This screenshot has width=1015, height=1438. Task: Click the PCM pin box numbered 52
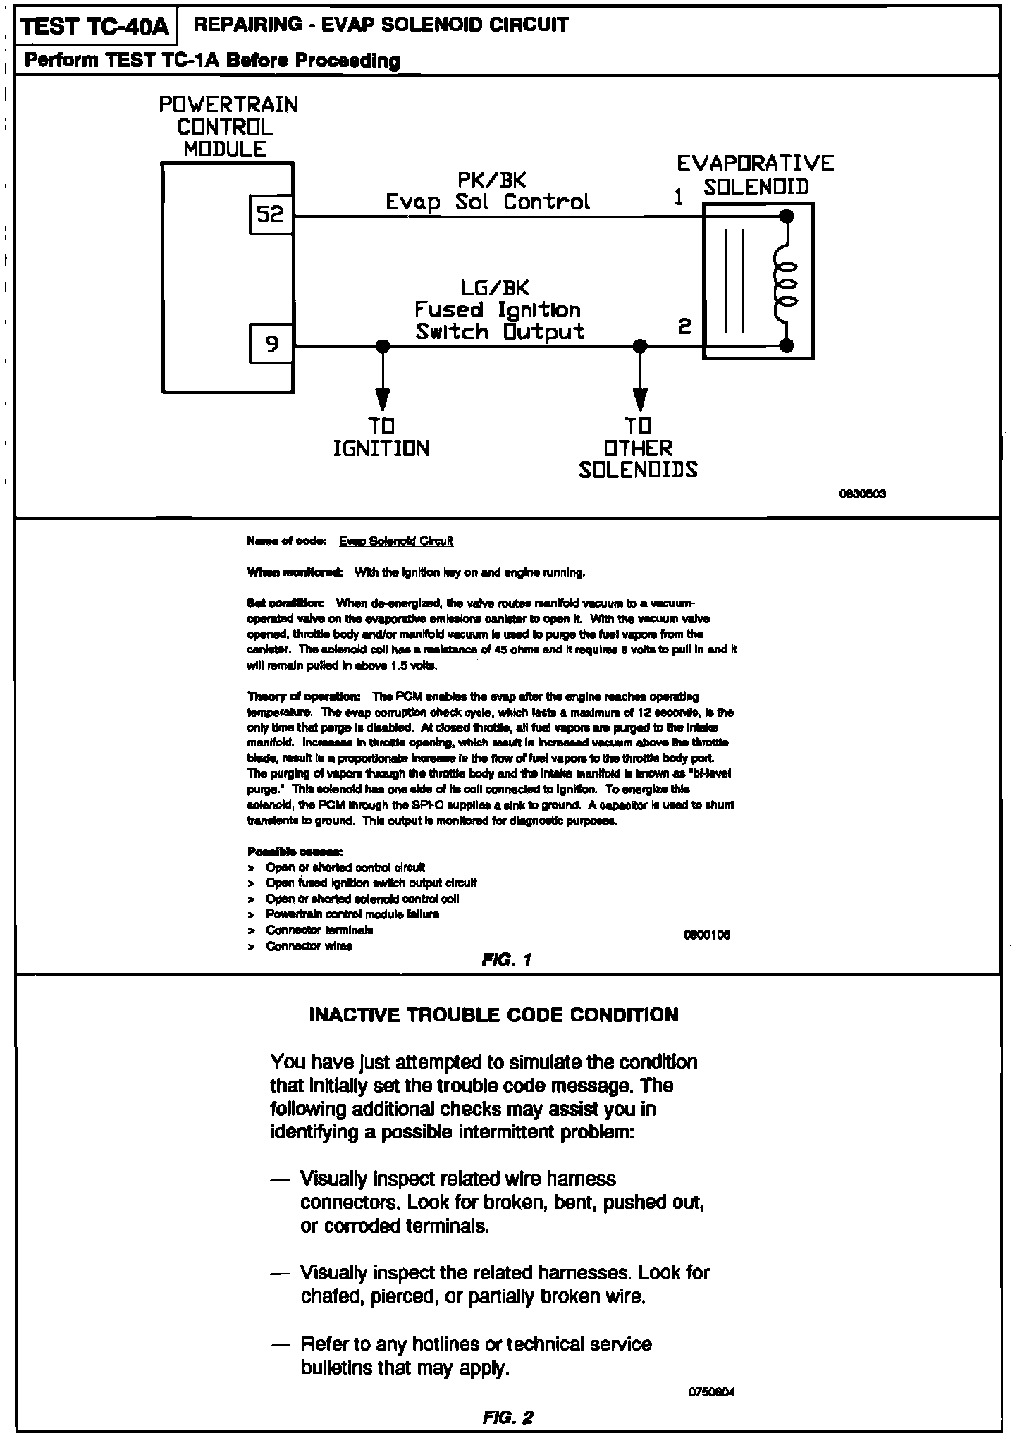[x=270, y=214]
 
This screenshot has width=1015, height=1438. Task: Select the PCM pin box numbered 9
[x=271, y=344]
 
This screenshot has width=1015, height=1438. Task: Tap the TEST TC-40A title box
[x=95, y=27]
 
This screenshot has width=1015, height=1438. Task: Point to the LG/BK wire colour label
[x=494, y=288]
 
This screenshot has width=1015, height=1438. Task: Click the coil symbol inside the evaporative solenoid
[x=785, y=281]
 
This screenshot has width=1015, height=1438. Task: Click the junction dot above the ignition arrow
[x=382, y=346]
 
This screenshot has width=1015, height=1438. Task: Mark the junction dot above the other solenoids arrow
[x=639, y=346]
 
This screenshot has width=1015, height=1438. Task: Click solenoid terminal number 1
[x=678, y=198]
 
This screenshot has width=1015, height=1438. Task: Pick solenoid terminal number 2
[x=684, y=326]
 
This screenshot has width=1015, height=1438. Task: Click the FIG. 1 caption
[x=507, y=959]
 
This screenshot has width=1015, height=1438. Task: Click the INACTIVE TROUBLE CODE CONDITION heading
[x=494, y=1015]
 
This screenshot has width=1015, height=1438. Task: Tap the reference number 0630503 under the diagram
[x=861, y=494]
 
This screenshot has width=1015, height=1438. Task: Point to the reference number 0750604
[x=712, y=1392]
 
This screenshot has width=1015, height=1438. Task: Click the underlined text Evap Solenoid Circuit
[x=396, y=541]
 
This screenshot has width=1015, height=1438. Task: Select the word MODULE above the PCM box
[x=226, y=149]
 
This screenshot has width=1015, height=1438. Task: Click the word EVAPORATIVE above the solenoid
[x=755, y=164]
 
